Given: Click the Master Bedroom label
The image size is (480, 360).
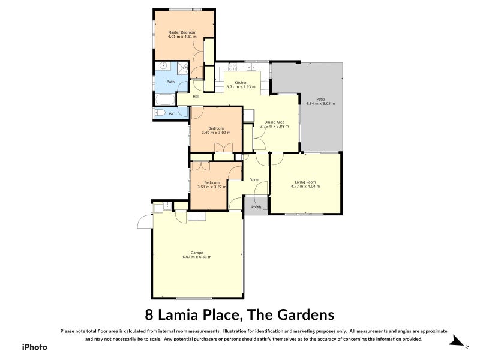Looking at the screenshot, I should click(182, 32).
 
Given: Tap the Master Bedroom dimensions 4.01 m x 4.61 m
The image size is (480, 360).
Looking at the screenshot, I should click(182, 37).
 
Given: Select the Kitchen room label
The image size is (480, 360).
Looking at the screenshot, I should click(241, 82).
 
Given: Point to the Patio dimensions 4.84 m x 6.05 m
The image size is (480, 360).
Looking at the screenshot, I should click(320, 103).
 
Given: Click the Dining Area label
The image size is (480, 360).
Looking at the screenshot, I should click(274, 122).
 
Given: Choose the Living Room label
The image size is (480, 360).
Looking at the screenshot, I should click(305, 182).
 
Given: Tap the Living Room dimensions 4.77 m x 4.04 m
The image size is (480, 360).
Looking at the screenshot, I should click(305, 187).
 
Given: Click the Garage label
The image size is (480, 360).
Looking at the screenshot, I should click(197, 252).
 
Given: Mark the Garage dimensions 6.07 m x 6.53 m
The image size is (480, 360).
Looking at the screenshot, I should click(197, 257).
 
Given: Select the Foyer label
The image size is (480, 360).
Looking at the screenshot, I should click(254, 179).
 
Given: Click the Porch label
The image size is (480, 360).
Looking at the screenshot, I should click(256, 207).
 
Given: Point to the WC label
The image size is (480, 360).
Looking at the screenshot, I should click(172, 113).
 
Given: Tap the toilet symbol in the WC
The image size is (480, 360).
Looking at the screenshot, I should click(160, 113).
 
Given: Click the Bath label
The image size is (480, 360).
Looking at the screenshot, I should click(170, 82).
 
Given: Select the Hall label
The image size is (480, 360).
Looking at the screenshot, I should click(196, 96).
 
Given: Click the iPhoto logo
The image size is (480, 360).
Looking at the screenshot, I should click(34, 346).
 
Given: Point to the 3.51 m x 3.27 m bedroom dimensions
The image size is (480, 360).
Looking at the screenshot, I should click(211, 187).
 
